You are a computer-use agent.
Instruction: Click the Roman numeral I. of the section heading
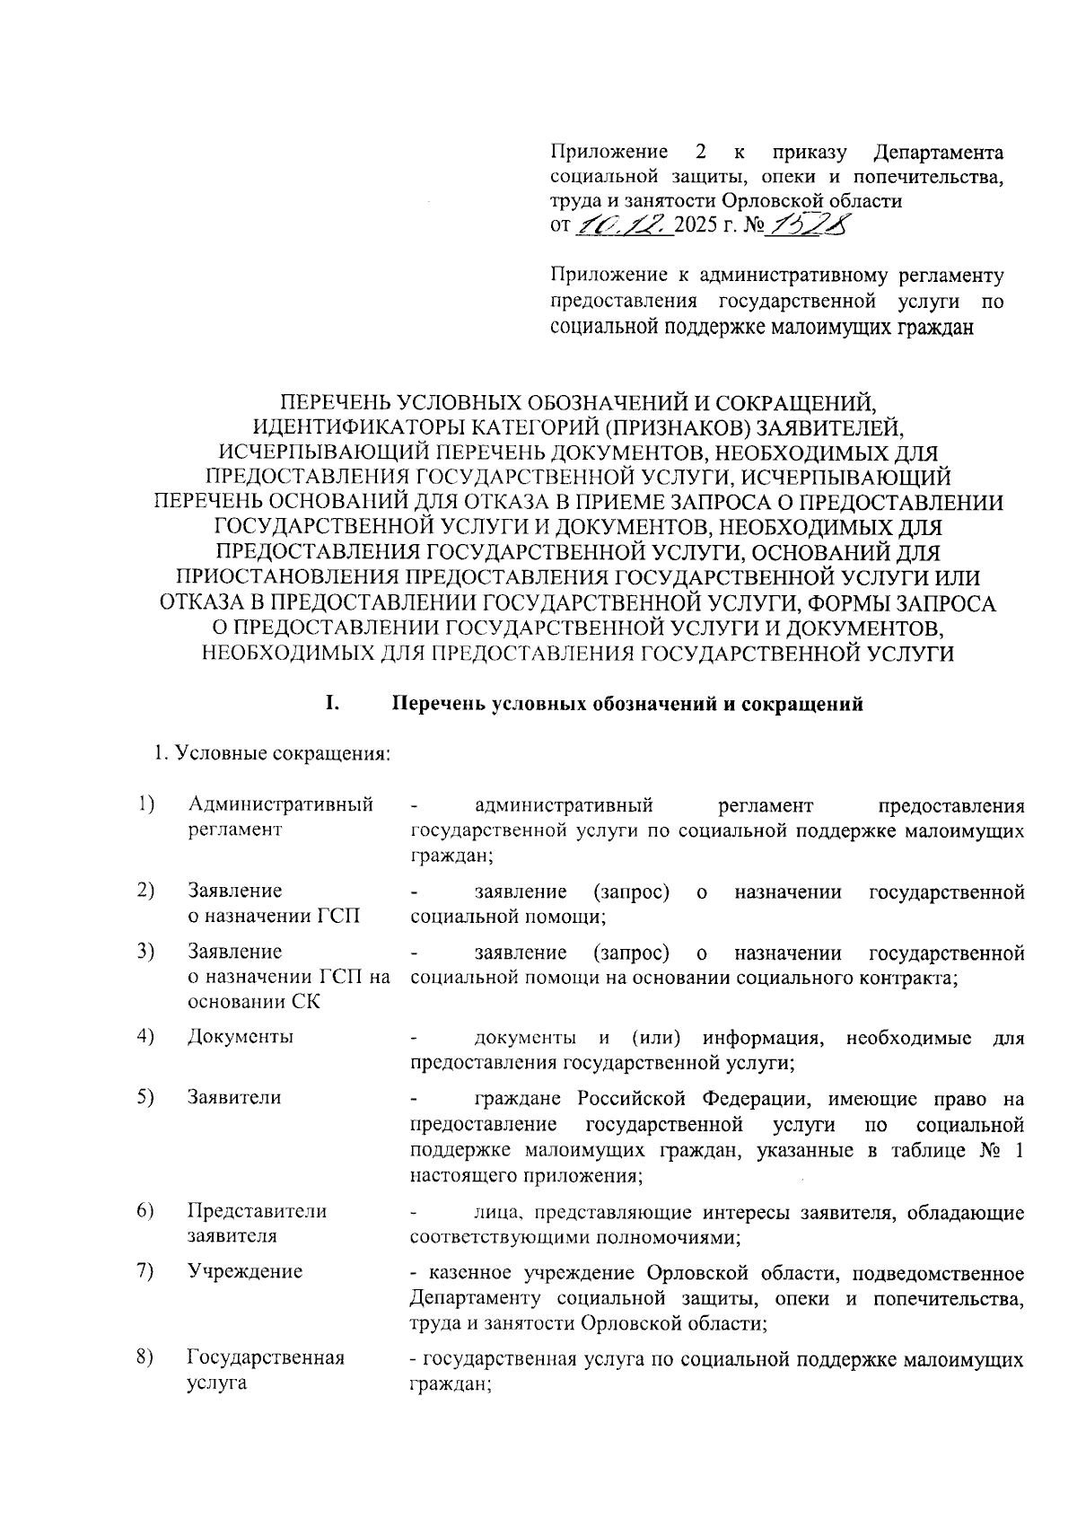(x=332, y=703)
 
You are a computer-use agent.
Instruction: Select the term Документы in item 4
(x=240, y=1036)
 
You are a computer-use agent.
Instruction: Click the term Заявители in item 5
(x=233, y=1096)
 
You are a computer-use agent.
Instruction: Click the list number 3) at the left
(x=144, y=951)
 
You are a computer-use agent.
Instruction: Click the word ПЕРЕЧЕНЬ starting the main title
(x=334, y=401)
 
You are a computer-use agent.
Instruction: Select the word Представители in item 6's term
(x=257, y=1210)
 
